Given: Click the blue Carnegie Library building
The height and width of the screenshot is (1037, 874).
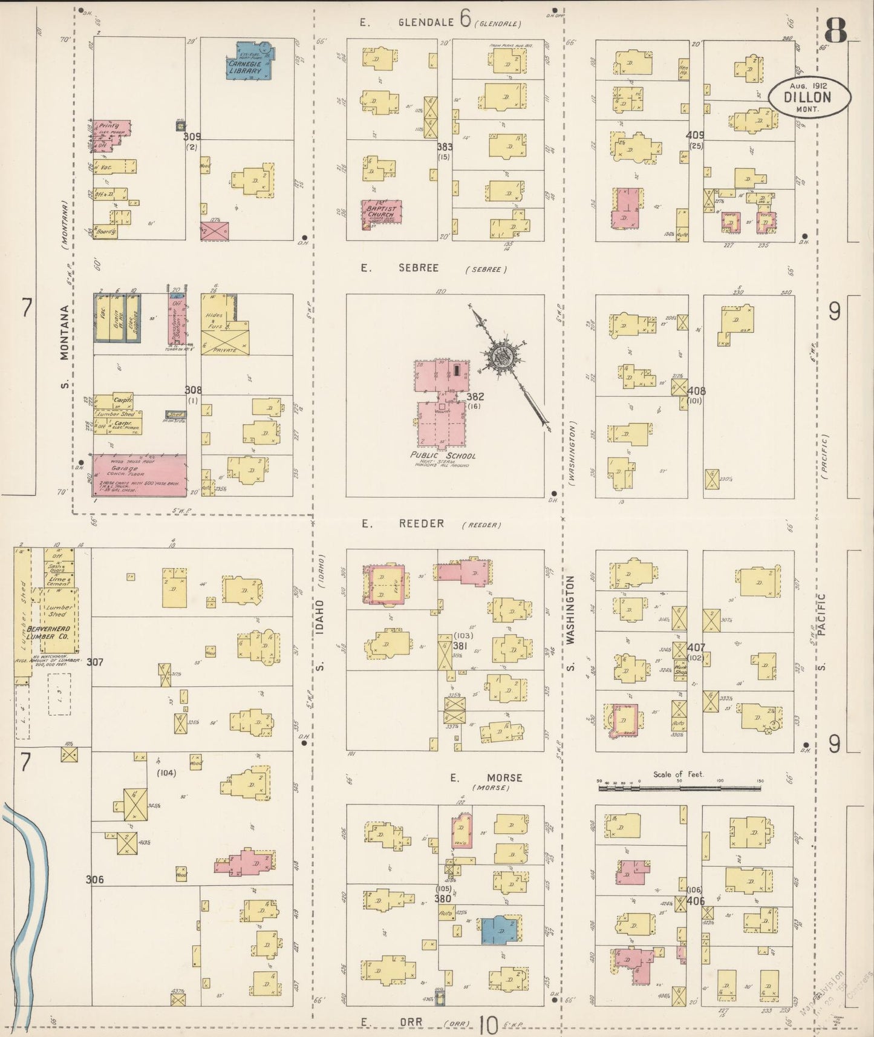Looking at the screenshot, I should click(x=252, y=61).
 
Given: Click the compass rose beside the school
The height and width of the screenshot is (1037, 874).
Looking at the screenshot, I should click(x=501, y=356).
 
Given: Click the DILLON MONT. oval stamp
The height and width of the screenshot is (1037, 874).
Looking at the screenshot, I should click(x=809, y=97).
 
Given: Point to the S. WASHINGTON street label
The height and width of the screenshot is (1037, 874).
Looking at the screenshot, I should click(x=570, y=623).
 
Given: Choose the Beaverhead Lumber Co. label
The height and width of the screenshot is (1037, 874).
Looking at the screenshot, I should click(x=50, y=633).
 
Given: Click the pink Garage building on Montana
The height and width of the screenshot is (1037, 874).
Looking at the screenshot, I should click(x=139, y=475).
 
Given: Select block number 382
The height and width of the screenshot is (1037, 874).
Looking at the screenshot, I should click(x=475, y=396).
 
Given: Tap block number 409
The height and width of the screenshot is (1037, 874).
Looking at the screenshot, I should click(x=695, y=136).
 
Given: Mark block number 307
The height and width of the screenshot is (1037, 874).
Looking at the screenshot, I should click(x=95, y=662).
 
